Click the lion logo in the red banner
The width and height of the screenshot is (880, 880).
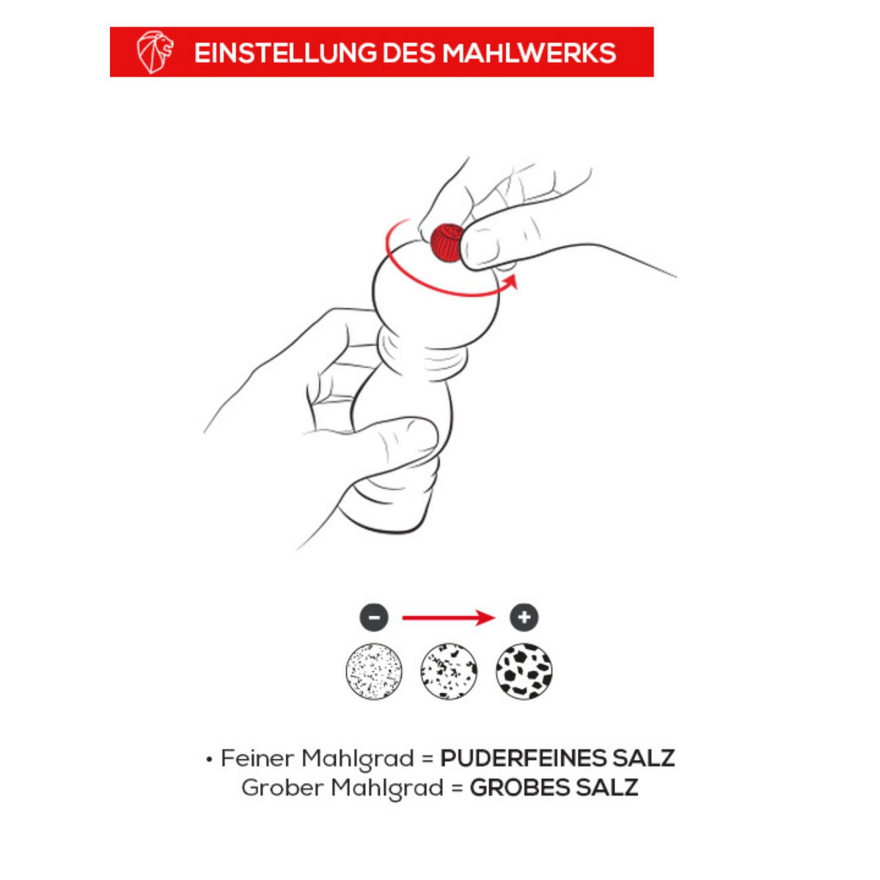155,52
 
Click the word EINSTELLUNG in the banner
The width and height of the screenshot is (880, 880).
285,53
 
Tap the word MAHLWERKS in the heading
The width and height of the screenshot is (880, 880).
529,53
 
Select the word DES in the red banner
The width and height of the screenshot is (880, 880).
409,53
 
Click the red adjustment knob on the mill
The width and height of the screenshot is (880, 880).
447,243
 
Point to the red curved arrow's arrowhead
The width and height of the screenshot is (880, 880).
511,282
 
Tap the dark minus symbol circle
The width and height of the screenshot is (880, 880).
374,617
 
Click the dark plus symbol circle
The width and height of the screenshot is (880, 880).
524,617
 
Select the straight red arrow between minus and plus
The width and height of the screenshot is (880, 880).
449,618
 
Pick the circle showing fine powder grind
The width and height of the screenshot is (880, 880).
374,671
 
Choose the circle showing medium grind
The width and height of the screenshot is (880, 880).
449,671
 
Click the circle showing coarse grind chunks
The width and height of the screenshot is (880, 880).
524,671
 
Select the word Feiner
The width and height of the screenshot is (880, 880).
257,758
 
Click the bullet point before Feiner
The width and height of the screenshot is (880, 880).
209,760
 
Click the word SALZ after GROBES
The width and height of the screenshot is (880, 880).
602,788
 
